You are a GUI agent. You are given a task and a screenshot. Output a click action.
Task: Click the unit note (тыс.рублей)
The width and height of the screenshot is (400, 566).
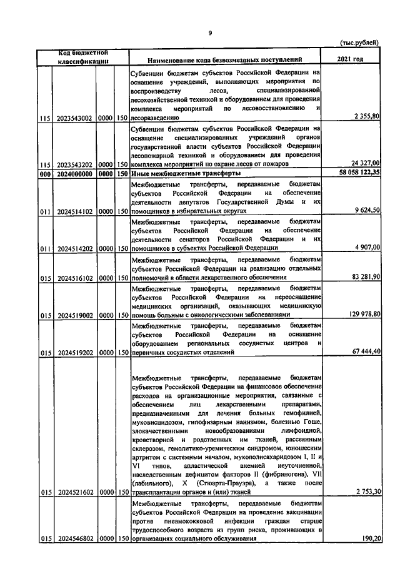[x=359, y=43]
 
